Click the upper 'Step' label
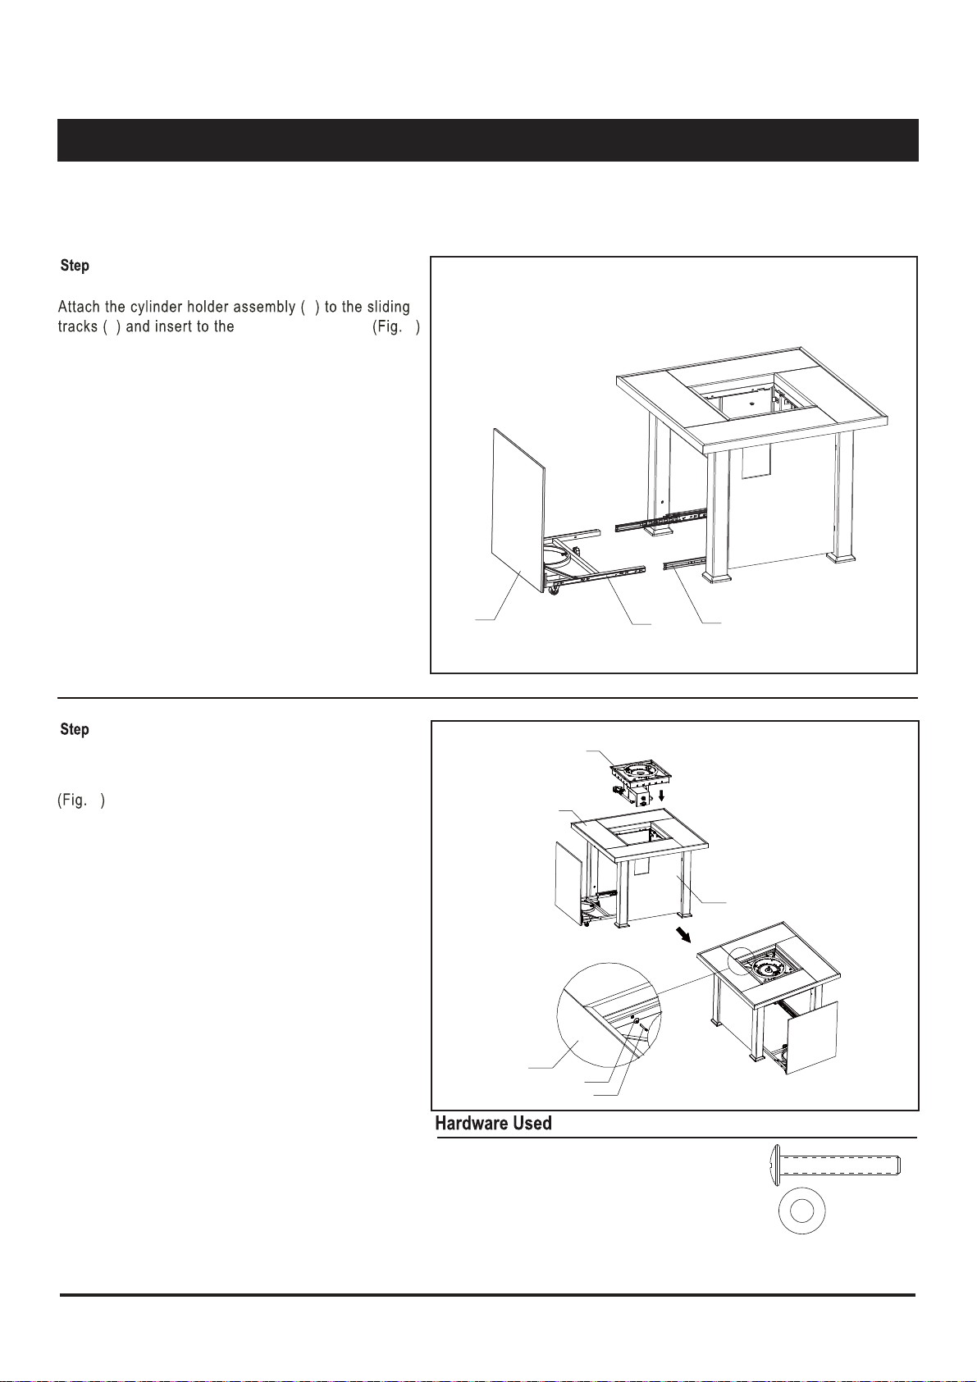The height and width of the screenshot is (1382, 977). tap(75, 266)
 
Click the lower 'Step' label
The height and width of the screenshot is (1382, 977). tap(75, 730)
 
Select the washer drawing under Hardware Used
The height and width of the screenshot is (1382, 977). tap(801, 1211)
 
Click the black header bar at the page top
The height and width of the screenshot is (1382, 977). tap(487, 140)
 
